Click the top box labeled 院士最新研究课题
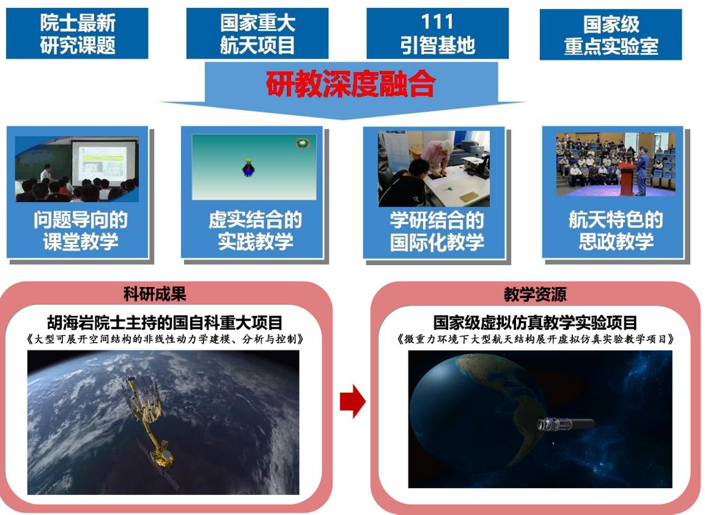tap(77, 34)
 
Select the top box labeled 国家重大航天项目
tap(257, 34)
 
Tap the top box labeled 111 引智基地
tap(437, 34)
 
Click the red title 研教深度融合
tap(350, 85)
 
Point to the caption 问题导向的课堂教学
tap(80, 231)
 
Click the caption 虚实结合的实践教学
tap(255, 231)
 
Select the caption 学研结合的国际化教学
tap(437, 231)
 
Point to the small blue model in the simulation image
tap(248, 168)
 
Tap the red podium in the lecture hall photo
tap(625, 178)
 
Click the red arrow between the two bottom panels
tap(352, 403)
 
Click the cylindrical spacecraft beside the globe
tap(566, 424)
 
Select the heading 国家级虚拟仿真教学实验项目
tap(535, 323)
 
